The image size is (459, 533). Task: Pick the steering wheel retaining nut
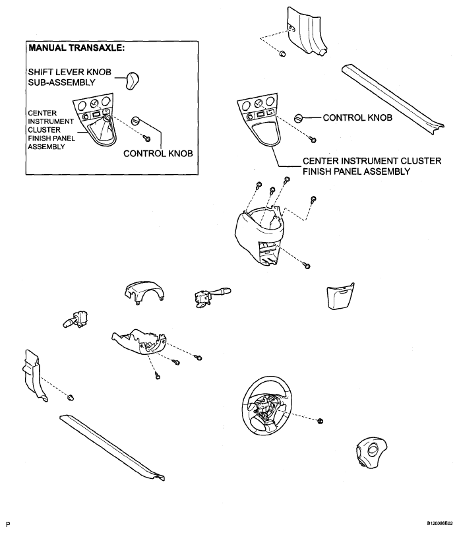pyautogui.click(x=320, y=420)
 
